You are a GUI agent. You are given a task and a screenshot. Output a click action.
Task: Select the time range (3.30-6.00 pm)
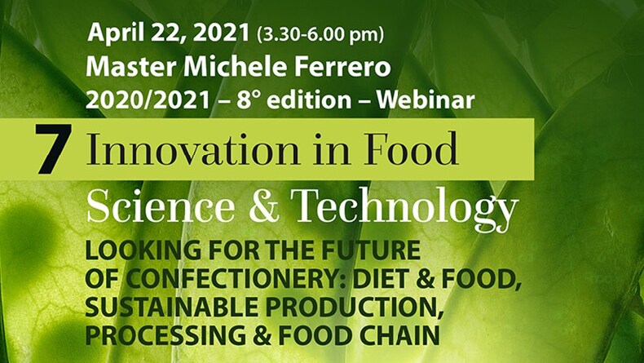320,34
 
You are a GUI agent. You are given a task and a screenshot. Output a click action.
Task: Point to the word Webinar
426,100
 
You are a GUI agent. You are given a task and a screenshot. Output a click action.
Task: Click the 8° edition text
294,100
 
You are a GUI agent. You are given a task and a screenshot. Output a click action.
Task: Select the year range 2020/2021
148,100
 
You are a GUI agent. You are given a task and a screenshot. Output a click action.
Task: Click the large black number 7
53,148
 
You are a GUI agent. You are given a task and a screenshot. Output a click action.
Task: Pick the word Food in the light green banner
411,148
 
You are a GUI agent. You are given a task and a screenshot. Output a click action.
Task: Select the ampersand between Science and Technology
263,206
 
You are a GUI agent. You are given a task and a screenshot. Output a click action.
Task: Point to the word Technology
404,209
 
